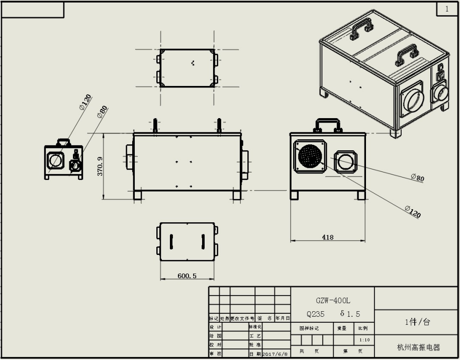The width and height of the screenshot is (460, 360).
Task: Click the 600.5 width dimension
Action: (187, 276)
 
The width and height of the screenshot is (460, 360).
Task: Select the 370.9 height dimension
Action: (100, 166)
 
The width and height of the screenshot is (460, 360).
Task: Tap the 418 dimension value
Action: (327, 237)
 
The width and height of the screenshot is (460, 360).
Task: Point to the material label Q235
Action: (316, 314)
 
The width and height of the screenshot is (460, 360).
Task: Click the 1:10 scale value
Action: (364, 340)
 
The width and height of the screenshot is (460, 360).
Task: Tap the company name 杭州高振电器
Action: (418, 347)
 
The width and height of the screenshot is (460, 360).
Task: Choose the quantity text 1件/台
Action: (418, 322)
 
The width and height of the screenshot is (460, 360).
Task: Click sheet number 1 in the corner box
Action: (446, 9)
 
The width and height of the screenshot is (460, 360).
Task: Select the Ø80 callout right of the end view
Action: (417, 177)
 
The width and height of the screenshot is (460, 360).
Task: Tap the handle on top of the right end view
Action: (329, 125)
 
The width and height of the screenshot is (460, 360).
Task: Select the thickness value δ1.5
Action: (350, 314)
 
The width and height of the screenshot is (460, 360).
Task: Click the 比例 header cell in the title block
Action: (362, 328)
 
